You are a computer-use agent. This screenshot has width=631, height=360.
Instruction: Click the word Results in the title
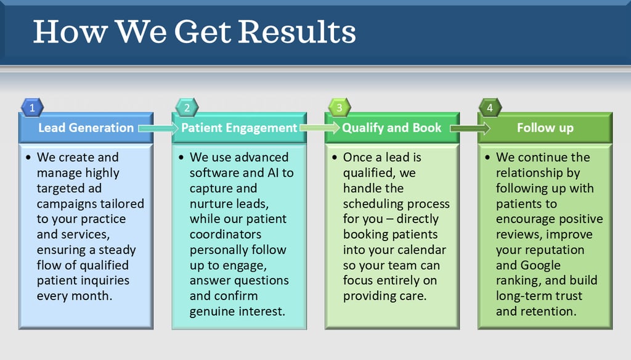tap(297, 32)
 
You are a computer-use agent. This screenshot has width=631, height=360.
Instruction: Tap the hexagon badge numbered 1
tap(32, 107)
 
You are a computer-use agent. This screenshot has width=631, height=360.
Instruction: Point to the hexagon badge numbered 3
tap(339, 107)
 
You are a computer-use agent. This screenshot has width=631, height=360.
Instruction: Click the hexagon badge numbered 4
tap(490, 107)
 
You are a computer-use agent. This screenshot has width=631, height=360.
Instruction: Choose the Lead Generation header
tap(86, 128)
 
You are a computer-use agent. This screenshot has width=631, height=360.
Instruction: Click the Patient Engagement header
tap(239, 128)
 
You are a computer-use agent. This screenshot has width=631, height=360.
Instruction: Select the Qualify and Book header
tap(392, 128)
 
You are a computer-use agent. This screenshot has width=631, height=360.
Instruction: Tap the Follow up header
tap(545, 128)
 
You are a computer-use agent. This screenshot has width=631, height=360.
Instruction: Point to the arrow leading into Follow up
tap(470, 128)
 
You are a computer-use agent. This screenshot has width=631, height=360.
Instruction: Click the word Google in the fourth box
tap(540, 265)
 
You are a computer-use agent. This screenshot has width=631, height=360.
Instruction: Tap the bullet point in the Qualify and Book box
tap(335, 158)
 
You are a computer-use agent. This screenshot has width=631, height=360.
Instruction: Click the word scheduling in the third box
tap(374, 203)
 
